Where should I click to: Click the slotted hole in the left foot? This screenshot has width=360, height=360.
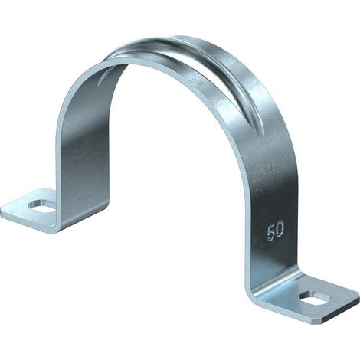tap(43, 206)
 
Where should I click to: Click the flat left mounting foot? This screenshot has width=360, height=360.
tap(29, 209)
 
